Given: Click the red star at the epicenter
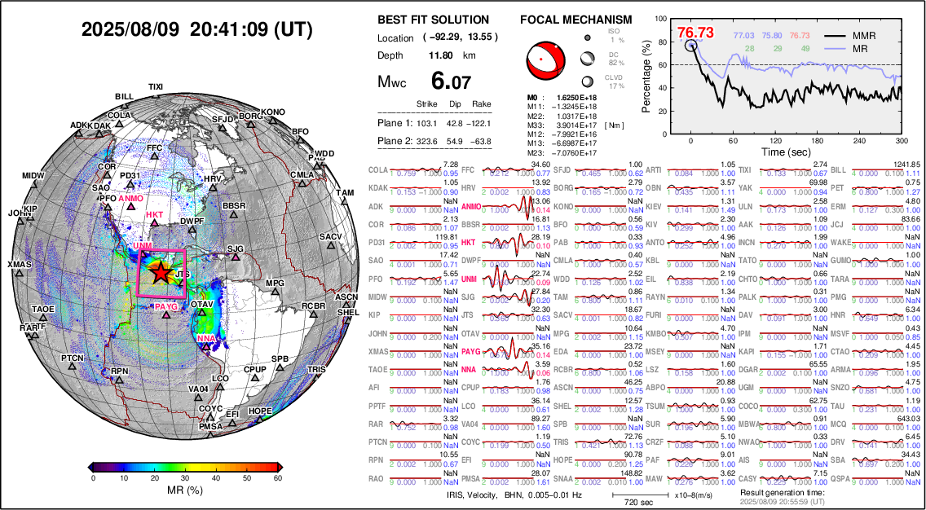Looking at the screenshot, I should coord(161,273).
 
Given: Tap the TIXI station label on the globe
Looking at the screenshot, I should coord(156,87).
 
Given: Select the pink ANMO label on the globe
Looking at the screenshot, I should coord(130,198).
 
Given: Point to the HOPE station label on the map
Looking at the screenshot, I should coord(259,411).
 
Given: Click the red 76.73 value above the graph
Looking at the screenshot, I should coord(694,33).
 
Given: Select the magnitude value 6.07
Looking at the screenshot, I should coord(451,81).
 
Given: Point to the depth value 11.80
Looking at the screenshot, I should coord(441,55).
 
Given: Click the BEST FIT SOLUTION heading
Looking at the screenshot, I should coord(434,20).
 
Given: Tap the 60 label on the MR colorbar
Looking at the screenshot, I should coord(277,478).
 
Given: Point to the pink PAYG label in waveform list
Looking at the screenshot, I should coord(470,352).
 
